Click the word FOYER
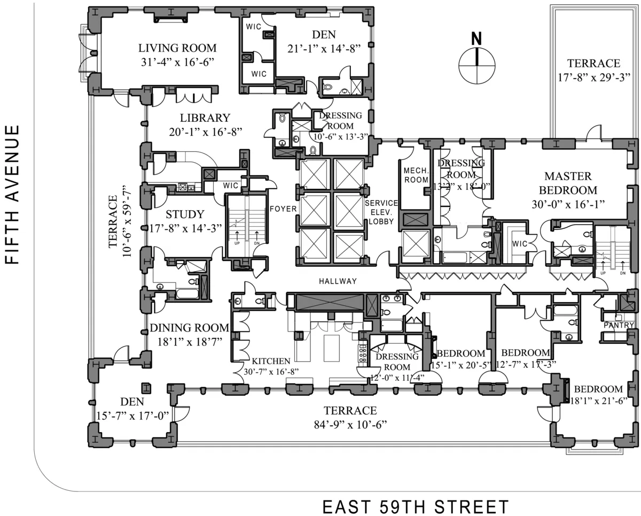(x=283, y=208)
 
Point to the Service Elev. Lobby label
(x=381, y=212)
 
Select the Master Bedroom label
(x=567, y=183)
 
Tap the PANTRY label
(x=619, y=325)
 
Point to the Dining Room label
(x=190, y=328)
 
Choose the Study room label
(x=185, y=214)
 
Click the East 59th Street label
(x=416, y=505)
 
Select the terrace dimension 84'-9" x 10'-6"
(x=350, y=425)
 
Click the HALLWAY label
(x=338, y=281)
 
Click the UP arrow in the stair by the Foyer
(x=236, y=236)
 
